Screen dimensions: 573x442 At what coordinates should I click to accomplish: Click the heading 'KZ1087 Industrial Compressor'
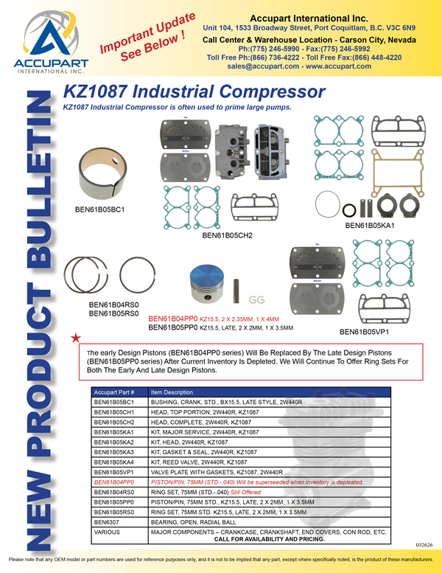tap(194, 92)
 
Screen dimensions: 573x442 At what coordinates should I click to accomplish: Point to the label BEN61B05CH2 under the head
tap(227, 236)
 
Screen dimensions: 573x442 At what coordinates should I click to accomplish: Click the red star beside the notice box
tap(75, 338)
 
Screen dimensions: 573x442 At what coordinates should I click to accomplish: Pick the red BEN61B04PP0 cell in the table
tap(114, 481)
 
